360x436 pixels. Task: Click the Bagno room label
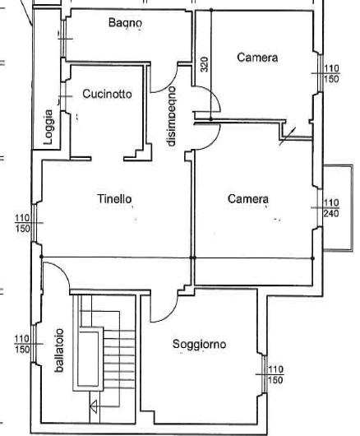pos(125,23)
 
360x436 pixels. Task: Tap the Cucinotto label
pos(107,94)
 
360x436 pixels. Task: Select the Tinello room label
pos(114,199)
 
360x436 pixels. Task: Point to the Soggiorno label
pos(199,345)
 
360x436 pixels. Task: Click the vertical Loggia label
pos(48,127)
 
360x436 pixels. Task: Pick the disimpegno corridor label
pos(172,116)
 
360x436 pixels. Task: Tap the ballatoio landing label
pos(59,350)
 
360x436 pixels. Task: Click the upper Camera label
pos(257,58)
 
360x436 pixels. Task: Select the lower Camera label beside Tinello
pos(248,199)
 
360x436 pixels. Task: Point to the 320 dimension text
pos(205,64)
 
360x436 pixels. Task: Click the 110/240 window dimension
pos(331,208)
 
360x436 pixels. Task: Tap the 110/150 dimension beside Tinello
pos(22,223)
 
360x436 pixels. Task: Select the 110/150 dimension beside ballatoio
pos(22,344)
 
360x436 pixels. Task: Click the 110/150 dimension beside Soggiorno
pos(275,375)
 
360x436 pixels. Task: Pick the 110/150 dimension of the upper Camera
pos(331,74)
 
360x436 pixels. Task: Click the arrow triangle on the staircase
pos(94,407)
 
